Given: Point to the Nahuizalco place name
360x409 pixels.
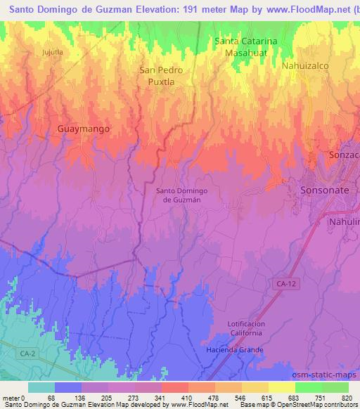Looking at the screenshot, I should click(x=305, y=65).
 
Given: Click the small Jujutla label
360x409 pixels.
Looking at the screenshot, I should click(x=53, y=52).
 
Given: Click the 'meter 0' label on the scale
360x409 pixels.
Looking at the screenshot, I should click(x=14, y=397).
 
